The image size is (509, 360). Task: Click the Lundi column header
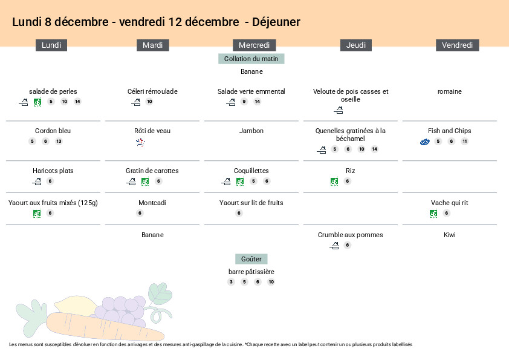51,45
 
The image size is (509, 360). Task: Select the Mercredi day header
254,45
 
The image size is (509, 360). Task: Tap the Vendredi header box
457,45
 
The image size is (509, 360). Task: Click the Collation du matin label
251,59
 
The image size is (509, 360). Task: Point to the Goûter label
251,259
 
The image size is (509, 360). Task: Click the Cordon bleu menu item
53,131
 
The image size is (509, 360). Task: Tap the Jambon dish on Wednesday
251,131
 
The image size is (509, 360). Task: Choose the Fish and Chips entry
449,131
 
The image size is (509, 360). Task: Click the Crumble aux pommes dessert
350,235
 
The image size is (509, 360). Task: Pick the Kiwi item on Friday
449,235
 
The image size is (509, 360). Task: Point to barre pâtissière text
251,272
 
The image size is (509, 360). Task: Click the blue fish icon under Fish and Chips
425,142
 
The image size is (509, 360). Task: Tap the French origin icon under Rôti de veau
140,142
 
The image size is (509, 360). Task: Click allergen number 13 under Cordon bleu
59,142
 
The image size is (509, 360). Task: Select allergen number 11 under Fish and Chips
464,142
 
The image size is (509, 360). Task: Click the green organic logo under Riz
334,181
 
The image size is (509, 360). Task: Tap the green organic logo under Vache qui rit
433,213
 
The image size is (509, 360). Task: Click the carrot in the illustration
91,330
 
